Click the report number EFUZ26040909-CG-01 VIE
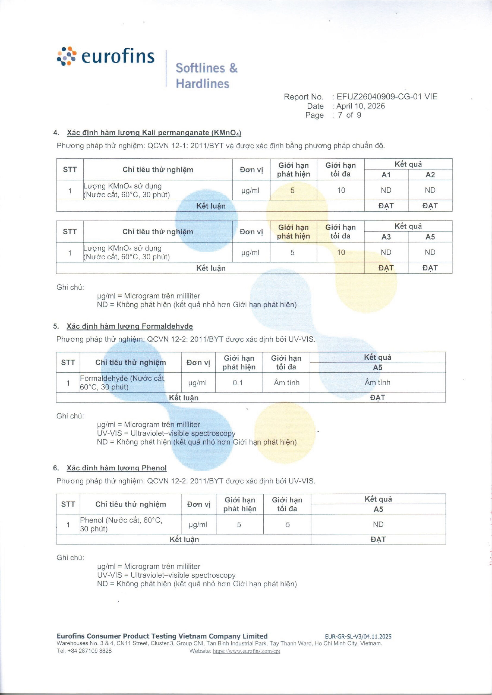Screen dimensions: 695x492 click(387, 97)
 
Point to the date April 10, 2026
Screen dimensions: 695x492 click(361, 106)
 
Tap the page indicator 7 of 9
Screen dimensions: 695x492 click(350, 115)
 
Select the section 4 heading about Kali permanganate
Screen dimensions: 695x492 click(154, 133)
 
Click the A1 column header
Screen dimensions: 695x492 click(386, 175)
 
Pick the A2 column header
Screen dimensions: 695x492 click(430, 175)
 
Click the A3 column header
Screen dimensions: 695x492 click(386, 237)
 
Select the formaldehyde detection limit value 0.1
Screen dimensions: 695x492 click(238, 383)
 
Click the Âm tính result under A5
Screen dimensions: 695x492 click(377, 383)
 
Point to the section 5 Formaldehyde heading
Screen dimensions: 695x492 click(130, 326)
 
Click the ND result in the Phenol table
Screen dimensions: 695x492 click(378, 524)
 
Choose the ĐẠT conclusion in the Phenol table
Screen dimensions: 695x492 click(378, 539)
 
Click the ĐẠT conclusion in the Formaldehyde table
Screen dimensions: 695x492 click(377, 398)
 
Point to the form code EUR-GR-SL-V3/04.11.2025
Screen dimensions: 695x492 click(358, 636)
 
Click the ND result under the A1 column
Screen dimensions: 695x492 click(386, 190)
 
